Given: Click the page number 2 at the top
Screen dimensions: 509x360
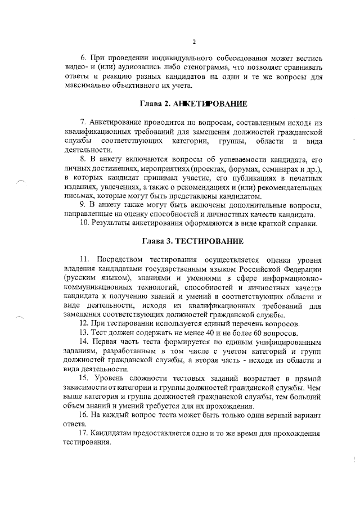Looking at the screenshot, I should pyautogui.click(x=193, y=42).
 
